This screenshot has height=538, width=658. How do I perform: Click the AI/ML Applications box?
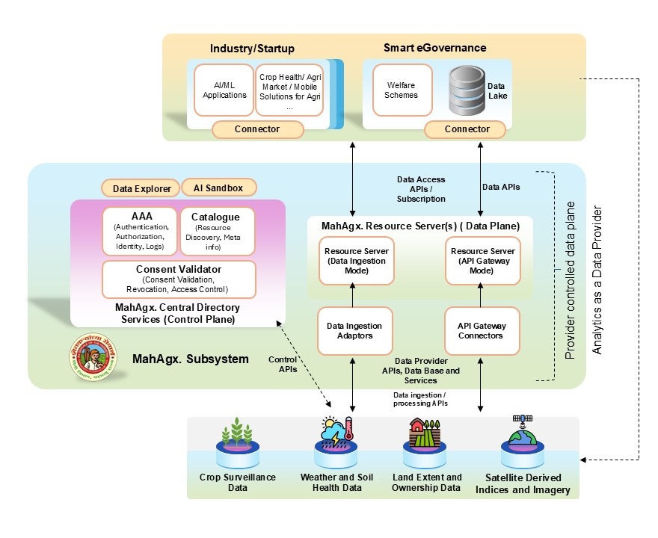click(x=224, y=90)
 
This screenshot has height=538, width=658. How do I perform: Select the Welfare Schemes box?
click(x=402, y=90)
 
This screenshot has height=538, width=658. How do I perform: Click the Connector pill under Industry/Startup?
click(x=257, y=129)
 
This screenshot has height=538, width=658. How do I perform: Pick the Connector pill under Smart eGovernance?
click(x=467, y=129)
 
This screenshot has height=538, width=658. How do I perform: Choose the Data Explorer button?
click(x=141, y=188)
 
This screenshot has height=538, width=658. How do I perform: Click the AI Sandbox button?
click(x=218, y=188)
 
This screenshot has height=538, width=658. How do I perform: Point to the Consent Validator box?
click(x=179, y=279)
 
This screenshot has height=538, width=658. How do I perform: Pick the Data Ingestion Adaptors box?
click(x=354, y=331)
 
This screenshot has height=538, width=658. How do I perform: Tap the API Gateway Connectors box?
click(x=481, y=331)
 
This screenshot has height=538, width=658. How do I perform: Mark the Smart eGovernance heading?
click(x=435, y=48)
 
